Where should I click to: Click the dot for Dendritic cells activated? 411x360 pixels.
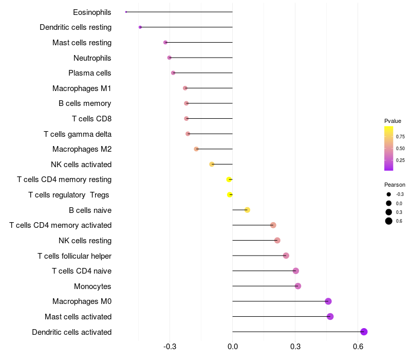pos(364,332)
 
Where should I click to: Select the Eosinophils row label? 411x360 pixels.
pos(92,12)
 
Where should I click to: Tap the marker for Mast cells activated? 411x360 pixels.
pos(330,316)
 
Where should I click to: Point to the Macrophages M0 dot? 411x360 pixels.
pos(328,301)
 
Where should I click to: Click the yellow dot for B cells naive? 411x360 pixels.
pos(247,210)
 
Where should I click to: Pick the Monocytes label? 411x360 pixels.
pos(92,286)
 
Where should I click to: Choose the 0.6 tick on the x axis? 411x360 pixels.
pos(358,347)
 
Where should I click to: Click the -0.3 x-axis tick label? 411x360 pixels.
pos(170,347)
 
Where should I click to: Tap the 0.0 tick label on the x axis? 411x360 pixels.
pos(232,347)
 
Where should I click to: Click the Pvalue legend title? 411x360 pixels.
pos(393,121)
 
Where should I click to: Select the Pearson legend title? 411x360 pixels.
pos(395,185)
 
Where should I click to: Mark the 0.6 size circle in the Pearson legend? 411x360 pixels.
pos(389,221)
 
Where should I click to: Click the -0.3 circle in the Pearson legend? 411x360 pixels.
pos(389,194)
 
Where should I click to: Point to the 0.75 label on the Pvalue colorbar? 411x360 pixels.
pos(400,136)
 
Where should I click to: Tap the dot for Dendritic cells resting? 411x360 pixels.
pos(140,27)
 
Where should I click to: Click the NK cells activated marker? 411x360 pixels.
pos(212,164)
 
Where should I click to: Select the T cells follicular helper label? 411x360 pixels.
pos(74,256)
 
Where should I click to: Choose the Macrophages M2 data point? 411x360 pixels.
pos(196,149)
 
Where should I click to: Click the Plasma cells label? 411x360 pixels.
pos(90,73)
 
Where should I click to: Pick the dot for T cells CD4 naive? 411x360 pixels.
pos(295,271)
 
